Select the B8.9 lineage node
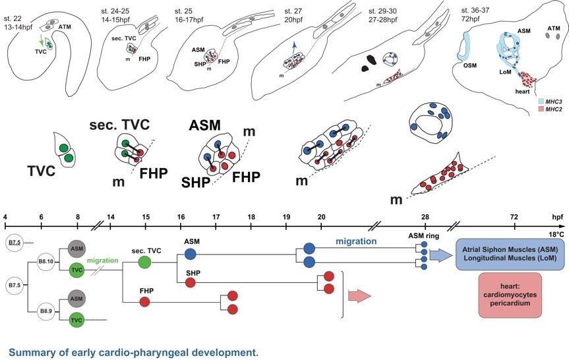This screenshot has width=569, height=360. [x=48, y=310]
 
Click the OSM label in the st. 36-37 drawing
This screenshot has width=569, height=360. [x=468, y=65]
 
